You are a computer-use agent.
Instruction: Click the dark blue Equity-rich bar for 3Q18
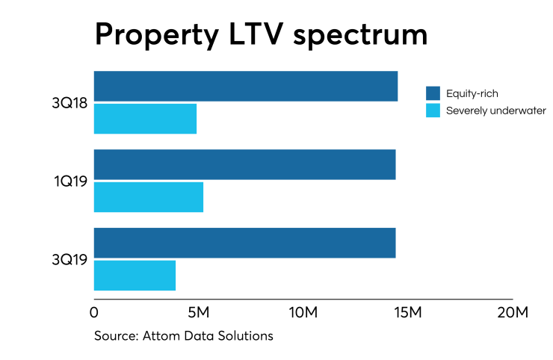(245, 86)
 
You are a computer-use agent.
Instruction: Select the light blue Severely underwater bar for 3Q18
(145, 118)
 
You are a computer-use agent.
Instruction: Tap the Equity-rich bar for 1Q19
(244, 164)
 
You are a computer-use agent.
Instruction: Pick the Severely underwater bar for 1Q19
(148, 196)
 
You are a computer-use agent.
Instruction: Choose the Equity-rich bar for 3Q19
(244, 243)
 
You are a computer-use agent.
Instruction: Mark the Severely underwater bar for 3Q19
(135, 275)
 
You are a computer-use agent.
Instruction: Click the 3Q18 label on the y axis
(69, 102)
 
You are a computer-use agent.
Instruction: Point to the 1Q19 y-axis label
(69, 181)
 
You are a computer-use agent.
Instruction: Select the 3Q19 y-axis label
(69, 259)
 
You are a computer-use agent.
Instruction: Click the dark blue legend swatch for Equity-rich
(433, 93)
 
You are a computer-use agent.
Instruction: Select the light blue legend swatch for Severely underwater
(433, 111)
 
